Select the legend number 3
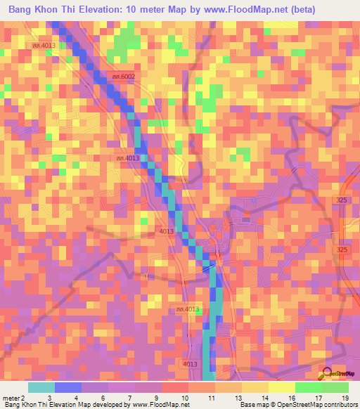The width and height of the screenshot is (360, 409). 49,398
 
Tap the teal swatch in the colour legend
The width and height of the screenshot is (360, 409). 41,387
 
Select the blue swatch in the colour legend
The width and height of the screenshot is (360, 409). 68,387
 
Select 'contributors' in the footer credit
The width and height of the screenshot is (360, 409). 340,405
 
